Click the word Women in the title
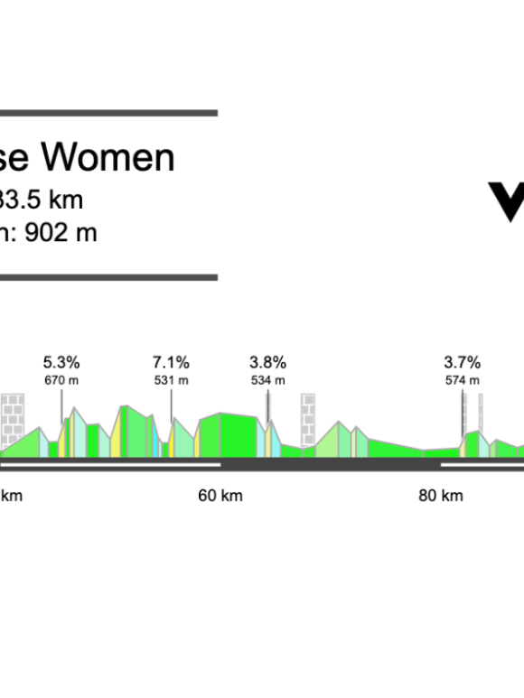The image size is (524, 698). pos(109,157)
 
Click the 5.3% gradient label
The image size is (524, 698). pos(61,363)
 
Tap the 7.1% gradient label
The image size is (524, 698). pos(171,363)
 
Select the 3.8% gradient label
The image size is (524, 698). pos(267,363)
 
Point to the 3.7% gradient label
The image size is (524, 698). pos(462,363)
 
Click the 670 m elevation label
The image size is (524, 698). pos(61,380)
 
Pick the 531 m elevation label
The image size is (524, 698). pos(171,380)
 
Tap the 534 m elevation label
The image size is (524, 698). pos(267,380)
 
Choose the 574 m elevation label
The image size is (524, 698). pos(462,380)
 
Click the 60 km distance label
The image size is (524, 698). pos(220,495)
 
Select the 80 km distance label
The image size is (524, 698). pos(441,495)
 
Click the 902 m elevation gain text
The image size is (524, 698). pos(61,232)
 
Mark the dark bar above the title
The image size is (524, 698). pos(108,113)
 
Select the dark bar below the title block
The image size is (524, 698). pos(108,277)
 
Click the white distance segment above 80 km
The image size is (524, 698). pos(482,464)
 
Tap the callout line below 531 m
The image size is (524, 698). pos(171,404)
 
